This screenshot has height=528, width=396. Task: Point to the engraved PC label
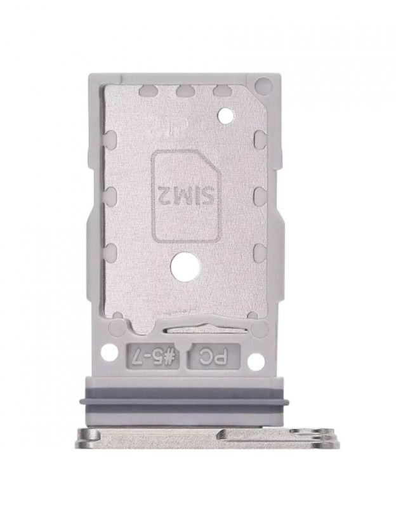pyautogui.click(x=213, y=356)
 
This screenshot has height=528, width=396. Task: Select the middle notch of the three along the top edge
pyautogui.click(x=184, y=90)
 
